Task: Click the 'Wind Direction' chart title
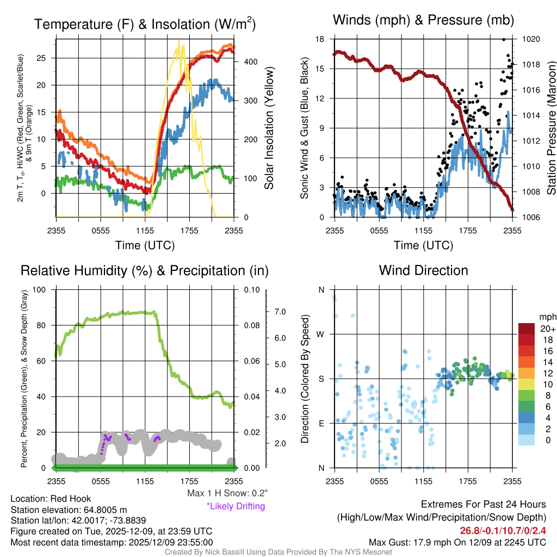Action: click(423, 270)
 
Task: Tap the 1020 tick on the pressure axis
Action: click(530, 39)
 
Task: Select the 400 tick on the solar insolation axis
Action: click(250, 62)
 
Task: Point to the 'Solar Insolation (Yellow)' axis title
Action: click(269, 128)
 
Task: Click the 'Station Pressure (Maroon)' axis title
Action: click(550, 128)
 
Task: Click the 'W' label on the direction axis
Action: click(321, 334)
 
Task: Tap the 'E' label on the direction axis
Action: click(321, 423)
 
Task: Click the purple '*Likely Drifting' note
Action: click(236, 506)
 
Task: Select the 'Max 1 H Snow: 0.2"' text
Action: click(226, 493)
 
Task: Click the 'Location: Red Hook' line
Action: click(51, 499)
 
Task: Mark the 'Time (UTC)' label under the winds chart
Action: click(422, 245)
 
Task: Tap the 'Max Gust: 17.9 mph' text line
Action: click(457, 542)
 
